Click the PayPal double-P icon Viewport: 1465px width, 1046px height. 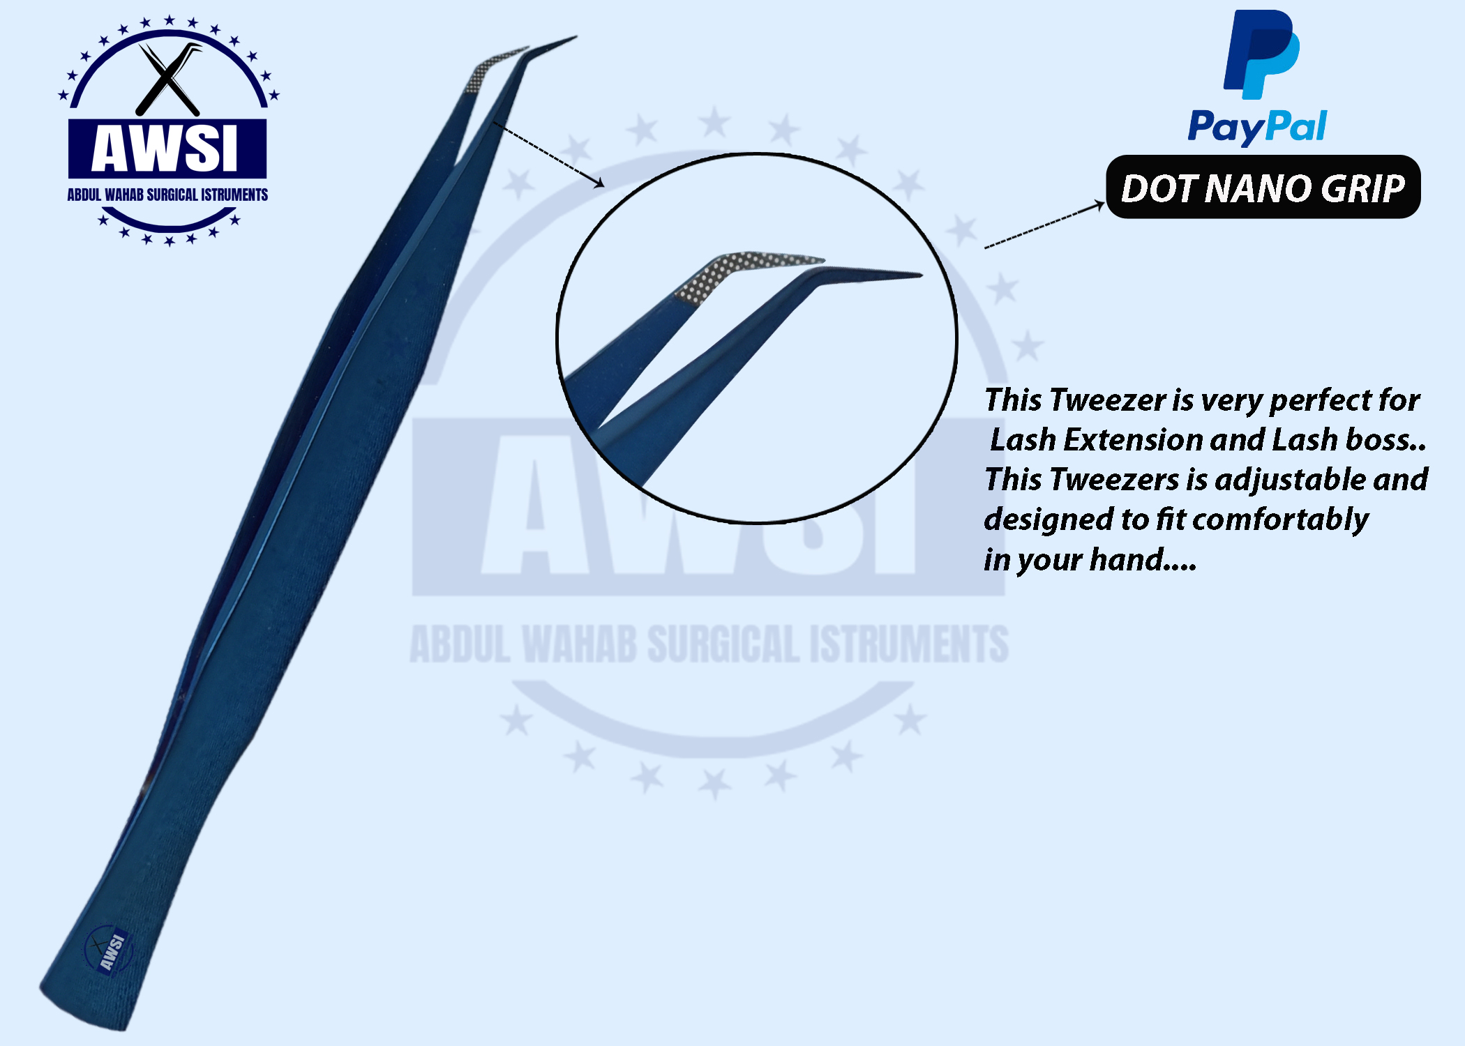tap(1261, 54)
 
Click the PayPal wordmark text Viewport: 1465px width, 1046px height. tap(1257, 127)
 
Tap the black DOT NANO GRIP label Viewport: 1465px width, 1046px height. tap(1263, 187)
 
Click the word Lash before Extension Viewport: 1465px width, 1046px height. tap(1023, 439)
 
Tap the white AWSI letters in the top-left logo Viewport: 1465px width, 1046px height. tap(165, 148)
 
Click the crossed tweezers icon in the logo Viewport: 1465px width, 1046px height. tap(168, 79)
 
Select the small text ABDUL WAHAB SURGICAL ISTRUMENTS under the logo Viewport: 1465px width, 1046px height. tap(167, 195)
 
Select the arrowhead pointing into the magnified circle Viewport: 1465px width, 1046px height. tap(598, 183)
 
